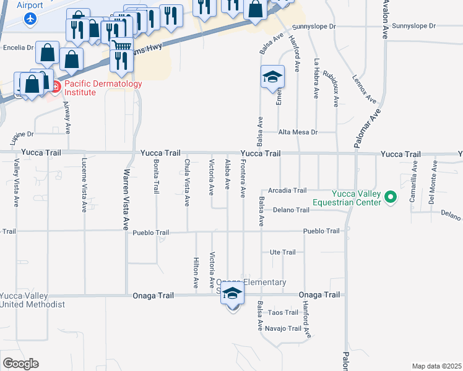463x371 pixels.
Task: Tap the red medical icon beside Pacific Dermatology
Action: pos(55,87)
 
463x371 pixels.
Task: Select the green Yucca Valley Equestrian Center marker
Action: pos(390,198)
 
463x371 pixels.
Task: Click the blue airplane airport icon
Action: pos(29,18)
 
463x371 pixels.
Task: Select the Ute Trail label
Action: pos(283,252)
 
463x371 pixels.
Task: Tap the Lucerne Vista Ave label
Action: pos(84,185)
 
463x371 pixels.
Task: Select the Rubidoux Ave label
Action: pos(335,87)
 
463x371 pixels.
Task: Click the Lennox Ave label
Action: pos(364,88)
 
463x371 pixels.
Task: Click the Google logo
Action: pos(20,363)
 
